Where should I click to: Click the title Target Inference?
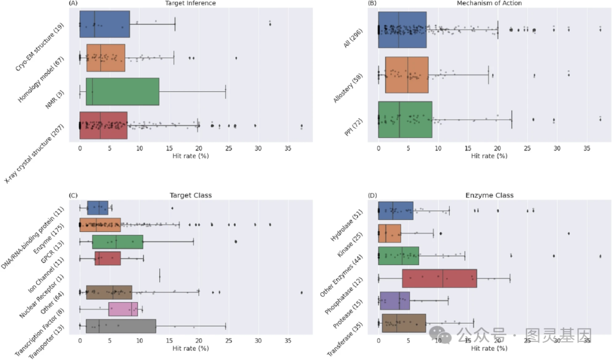point(190,3)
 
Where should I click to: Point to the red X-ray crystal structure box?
point(103,125)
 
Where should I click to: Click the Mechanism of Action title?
point(489,3)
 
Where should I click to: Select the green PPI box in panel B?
point(405,120)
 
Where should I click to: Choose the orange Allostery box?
point(406,75)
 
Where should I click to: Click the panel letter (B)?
point(372,3)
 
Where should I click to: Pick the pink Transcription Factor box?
point(123,309)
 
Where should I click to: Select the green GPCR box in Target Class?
point(117,242)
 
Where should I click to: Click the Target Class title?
point(190,196)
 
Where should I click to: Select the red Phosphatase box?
point(439,278)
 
